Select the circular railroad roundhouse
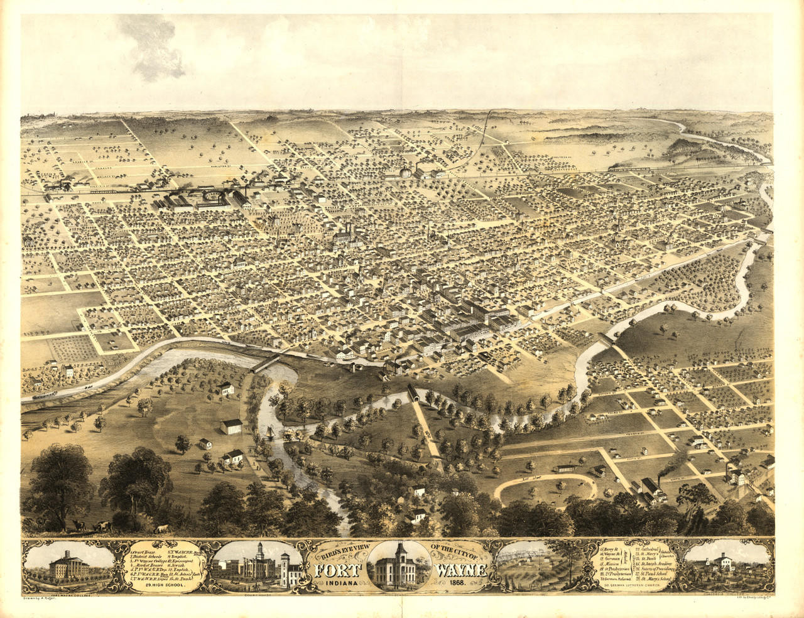(x=215, y=198)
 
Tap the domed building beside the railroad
(x=406, y=171)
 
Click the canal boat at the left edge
(x=43, y=396)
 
